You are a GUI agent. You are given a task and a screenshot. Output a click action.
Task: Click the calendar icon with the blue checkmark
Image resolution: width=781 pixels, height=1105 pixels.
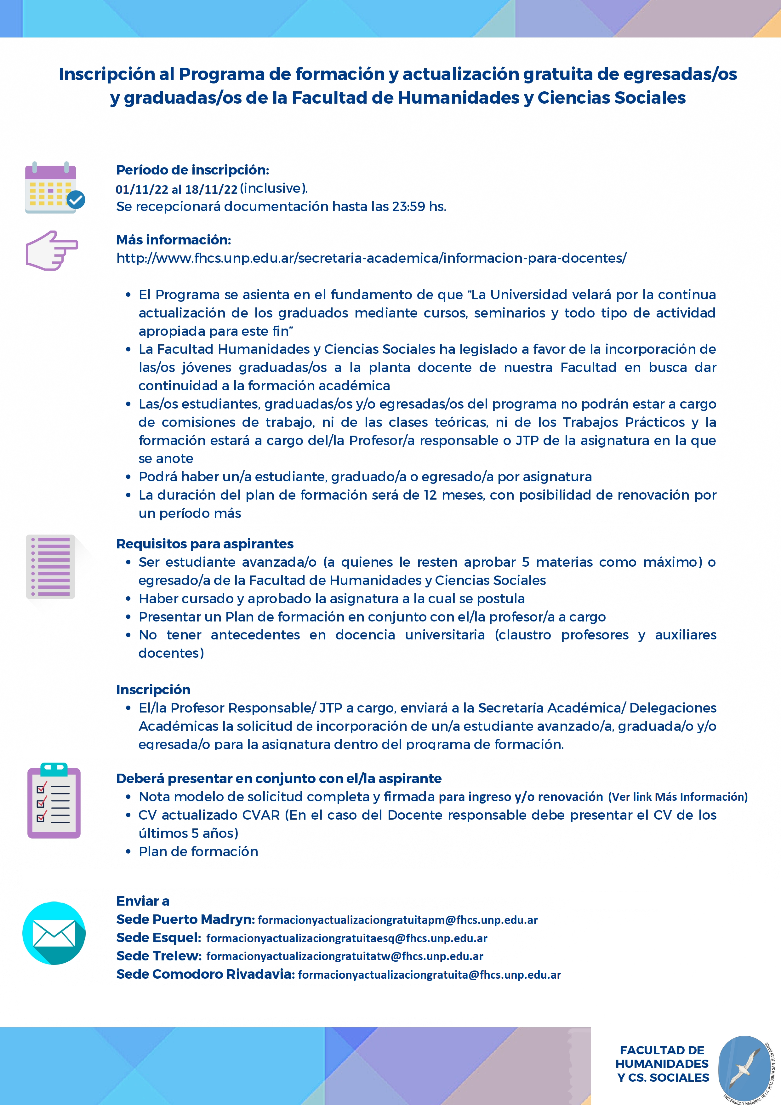[54, 188]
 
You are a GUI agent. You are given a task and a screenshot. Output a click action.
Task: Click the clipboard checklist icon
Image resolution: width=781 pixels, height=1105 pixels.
[54, 801]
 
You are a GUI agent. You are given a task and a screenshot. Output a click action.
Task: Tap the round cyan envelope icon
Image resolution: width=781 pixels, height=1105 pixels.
[54, 933]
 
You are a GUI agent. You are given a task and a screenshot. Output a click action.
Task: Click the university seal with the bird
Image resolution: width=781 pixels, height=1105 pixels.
[746, 1068]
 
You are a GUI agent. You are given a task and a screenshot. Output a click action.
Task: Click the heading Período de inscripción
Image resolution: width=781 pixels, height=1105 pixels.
[192, 170]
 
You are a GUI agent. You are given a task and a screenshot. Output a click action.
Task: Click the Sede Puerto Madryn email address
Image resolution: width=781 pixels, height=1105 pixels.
[397, 920]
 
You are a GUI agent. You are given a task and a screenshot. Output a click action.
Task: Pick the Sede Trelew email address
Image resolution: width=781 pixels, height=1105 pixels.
[345, 956]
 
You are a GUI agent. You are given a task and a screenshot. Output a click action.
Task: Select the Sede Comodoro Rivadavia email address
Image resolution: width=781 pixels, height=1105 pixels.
[429, 975]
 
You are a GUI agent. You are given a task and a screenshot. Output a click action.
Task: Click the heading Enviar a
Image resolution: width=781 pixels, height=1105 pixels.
[143, 901]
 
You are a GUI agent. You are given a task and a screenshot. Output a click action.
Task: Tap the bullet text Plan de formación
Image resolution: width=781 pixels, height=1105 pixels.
[198, 851]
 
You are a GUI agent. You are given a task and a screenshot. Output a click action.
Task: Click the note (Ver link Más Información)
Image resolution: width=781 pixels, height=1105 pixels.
[677, 797]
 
